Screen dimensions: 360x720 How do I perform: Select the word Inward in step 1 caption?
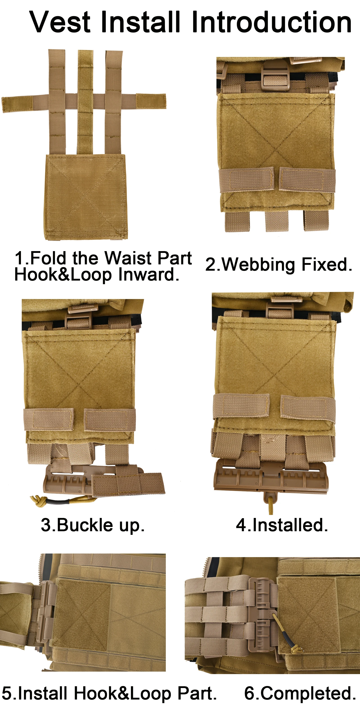[x=148, y=274]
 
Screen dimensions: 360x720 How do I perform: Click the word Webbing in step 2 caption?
[x=259, y=265]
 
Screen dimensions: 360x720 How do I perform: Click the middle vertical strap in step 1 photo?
[x=85, y=102]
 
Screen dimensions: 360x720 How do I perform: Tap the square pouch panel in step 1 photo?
[x=86, y=197]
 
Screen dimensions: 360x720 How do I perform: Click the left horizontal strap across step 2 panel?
[x=246, y=180]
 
